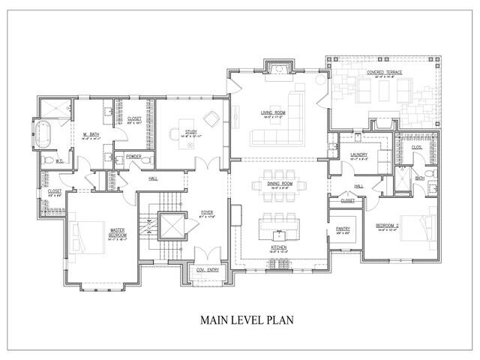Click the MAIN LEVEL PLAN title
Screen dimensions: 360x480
click(x=247, y=319)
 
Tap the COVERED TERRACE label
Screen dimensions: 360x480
click(x=385, y=73)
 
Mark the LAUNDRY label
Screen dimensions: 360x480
click(x=358, y=155)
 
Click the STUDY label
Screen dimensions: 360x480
click(x=190, y=132)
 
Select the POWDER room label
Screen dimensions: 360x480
click(x=133, y=156)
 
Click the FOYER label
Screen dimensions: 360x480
click(x=207, y=213)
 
